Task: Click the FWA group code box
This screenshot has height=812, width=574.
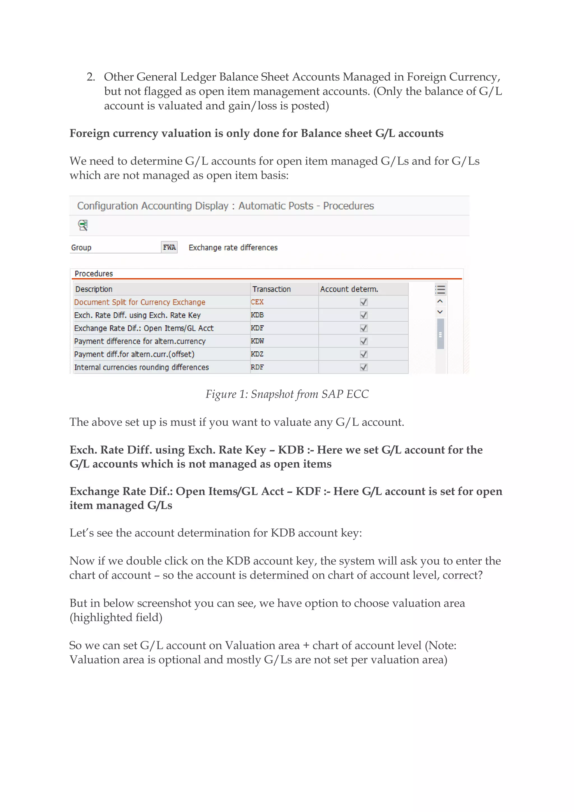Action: pos(169,247)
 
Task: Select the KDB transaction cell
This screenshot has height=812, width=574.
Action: pos(257,315)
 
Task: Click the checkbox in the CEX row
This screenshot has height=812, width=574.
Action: pos(363,302)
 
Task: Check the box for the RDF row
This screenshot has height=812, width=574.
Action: pos(363,367)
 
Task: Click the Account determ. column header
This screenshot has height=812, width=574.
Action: pos(349,289)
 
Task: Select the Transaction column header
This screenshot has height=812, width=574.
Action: pos(272,289)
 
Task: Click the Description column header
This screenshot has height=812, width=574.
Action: pos(94,289)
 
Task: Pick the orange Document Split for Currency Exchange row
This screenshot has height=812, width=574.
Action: pos(140,302)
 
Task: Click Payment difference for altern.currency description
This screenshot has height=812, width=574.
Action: pos(140,341)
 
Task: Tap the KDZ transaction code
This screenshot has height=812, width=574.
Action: pos(257,354)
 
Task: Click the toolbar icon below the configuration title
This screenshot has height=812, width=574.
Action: pos(83,225)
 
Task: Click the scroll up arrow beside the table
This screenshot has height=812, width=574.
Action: pos(440,301)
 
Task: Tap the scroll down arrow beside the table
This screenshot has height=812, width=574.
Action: pos(440,312)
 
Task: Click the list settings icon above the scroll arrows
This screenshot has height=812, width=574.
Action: pos(440,290)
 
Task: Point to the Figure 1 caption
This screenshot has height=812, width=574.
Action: pos(287,394)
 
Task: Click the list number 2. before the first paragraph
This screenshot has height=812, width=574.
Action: pos(91,77)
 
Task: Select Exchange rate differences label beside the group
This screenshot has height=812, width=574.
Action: pos(233,248)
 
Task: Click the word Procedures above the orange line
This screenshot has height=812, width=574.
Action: pos(94,273)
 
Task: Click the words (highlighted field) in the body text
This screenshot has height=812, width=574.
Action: pos(116,617)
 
